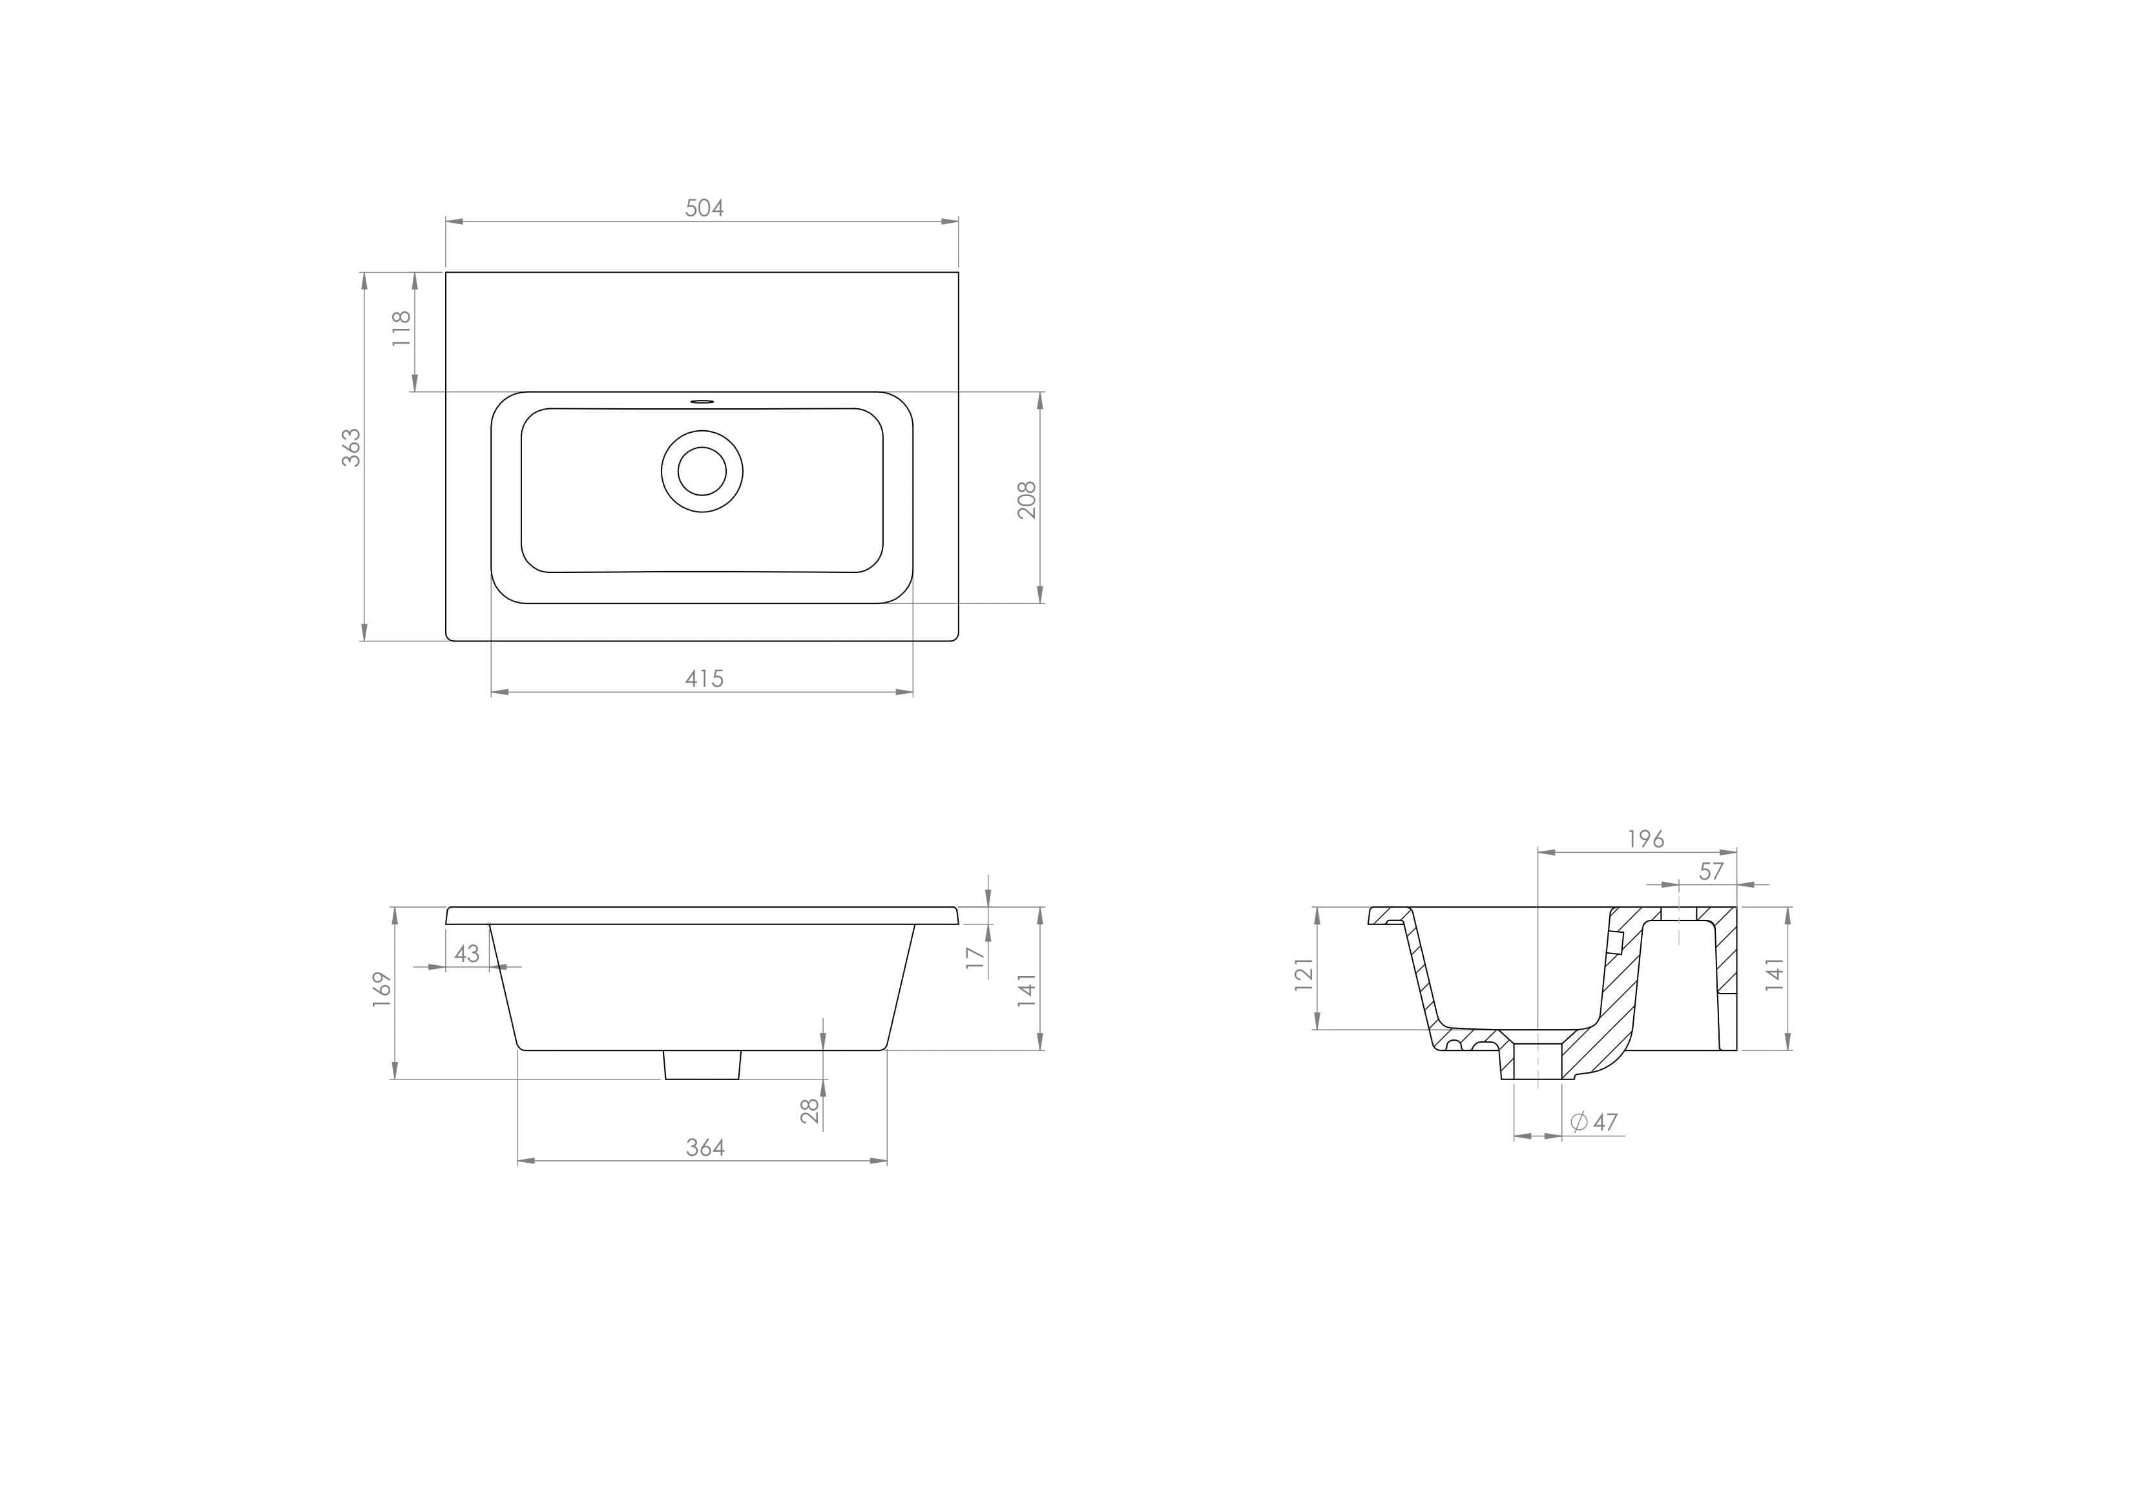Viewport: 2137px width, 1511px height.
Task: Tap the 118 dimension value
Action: (x=401, y=329)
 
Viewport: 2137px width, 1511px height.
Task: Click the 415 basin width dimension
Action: (x=704, y=679)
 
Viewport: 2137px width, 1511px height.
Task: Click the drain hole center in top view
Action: (x=702, y=471)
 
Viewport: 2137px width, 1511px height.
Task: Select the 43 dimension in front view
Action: (x=466, y=953)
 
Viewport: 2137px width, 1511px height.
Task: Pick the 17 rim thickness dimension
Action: (x=975, y=957)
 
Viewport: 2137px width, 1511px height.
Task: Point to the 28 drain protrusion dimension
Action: (x=811, y=1110)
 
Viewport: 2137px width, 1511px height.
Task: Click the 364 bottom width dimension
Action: (x=705, y=1148)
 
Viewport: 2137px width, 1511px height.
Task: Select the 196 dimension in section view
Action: (x=1645, y=839)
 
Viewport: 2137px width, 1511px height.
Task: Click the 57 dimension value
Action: (x=1711, y=871)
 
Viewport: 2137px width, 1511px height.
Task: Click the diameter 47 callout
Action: (x=1594, y=1123)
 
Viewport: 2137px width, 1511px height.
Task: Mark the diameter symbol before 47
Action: (x=1579, y=1122)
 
